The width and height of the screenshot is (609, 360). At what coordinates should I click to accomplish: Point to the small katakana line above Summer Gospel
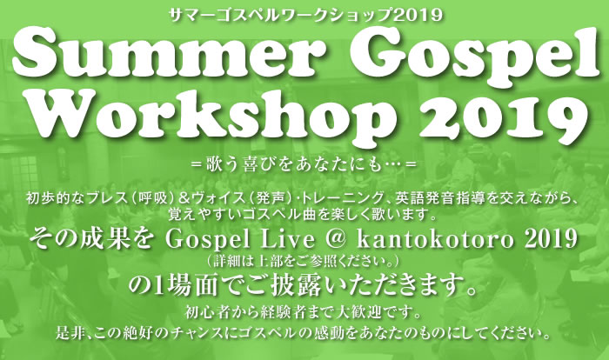[304, 13]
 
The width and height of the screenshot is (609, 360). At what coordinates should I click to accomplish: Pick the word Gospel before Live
[236, 237]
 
